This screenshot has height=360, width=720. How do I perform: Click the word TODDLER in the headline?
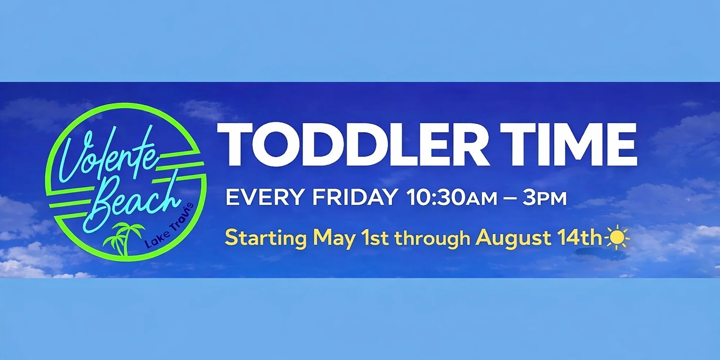(x=353, y=144)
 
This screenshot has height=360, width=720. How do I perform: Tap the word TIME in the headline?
(x=569, y=144)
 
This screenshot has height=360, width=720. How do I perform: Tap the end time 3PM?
(x=545, y=198)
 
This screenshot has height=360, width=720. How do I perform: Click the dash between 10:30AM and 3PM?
(x=510, y=198)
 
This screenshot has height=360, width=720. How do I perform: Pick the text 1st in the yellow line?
(x=375, y=238)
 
